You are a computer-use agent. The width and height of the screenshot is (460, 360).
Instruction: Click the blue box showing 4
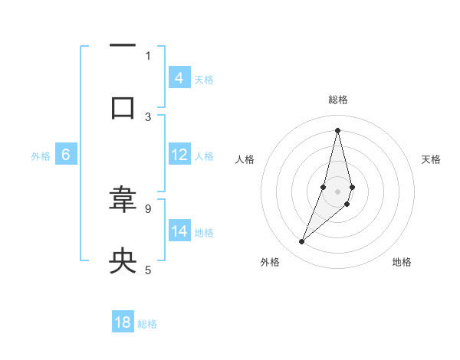pyautogui.click(x=179, y=77)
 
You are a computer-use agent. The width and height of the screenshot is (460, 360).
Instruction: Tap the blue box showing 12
pyautogui.click(x=179, y=155)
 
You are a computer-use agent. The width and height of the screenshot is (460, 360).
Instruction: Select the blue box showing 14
pyautogui.click(x=179, y=231)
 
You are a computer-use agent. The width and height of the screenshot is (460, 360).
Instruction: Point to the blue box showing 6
pyautogui.click(x=65, y=155)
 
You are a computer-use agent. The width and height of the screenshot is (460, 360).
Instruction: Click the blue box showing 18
pyautogui.click(x=123, y=322)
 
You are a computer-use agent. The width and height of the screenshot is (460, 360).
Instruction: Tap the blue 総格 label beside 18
pyautogui.click(x=147, y=324)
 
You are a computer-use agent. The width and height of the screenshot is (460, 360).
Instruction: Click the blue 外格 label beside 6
pyautogui.click(x=41, y=156)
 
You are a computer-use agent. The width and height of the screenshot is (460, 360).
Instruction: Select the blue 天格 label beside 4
pyautogui.click(x=204, y=79)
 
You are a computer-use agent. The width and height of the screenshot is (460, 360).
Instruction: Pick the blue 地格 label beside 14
pyautogui.click(x=204, y=232)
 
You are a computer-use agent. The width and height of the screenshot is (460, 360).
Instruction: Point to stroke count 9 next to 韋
pyautogui.click(x=148, y=208)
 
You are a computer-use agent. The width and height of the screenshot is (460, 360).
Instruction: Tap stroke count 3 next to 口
pyautogui.click(x=148, y=116)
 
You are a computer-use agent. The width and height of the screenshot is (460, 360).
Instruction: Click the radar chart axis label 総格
pyautogui.click(x=337, y=100)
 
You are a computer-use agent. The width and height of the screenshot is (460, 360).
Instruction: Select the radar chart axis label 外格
pyautogui.click(x=270, y=262)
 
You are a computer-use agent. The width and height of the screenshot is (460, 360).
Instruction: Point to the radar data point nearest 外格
pyautogui.click(x=302, y=242)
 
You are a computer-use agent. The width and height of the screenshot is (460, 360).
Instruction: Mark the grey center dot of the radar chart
pyautogui.click(x=337, y=191)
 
